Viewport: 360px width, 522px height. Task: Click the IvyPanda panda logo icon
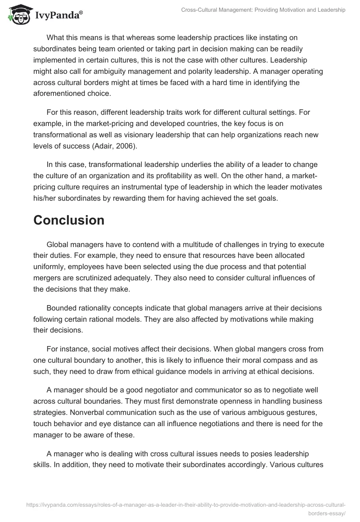(x=18, y=15)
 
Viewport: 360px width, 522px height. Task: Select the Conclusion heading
(x=69, y=220)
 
